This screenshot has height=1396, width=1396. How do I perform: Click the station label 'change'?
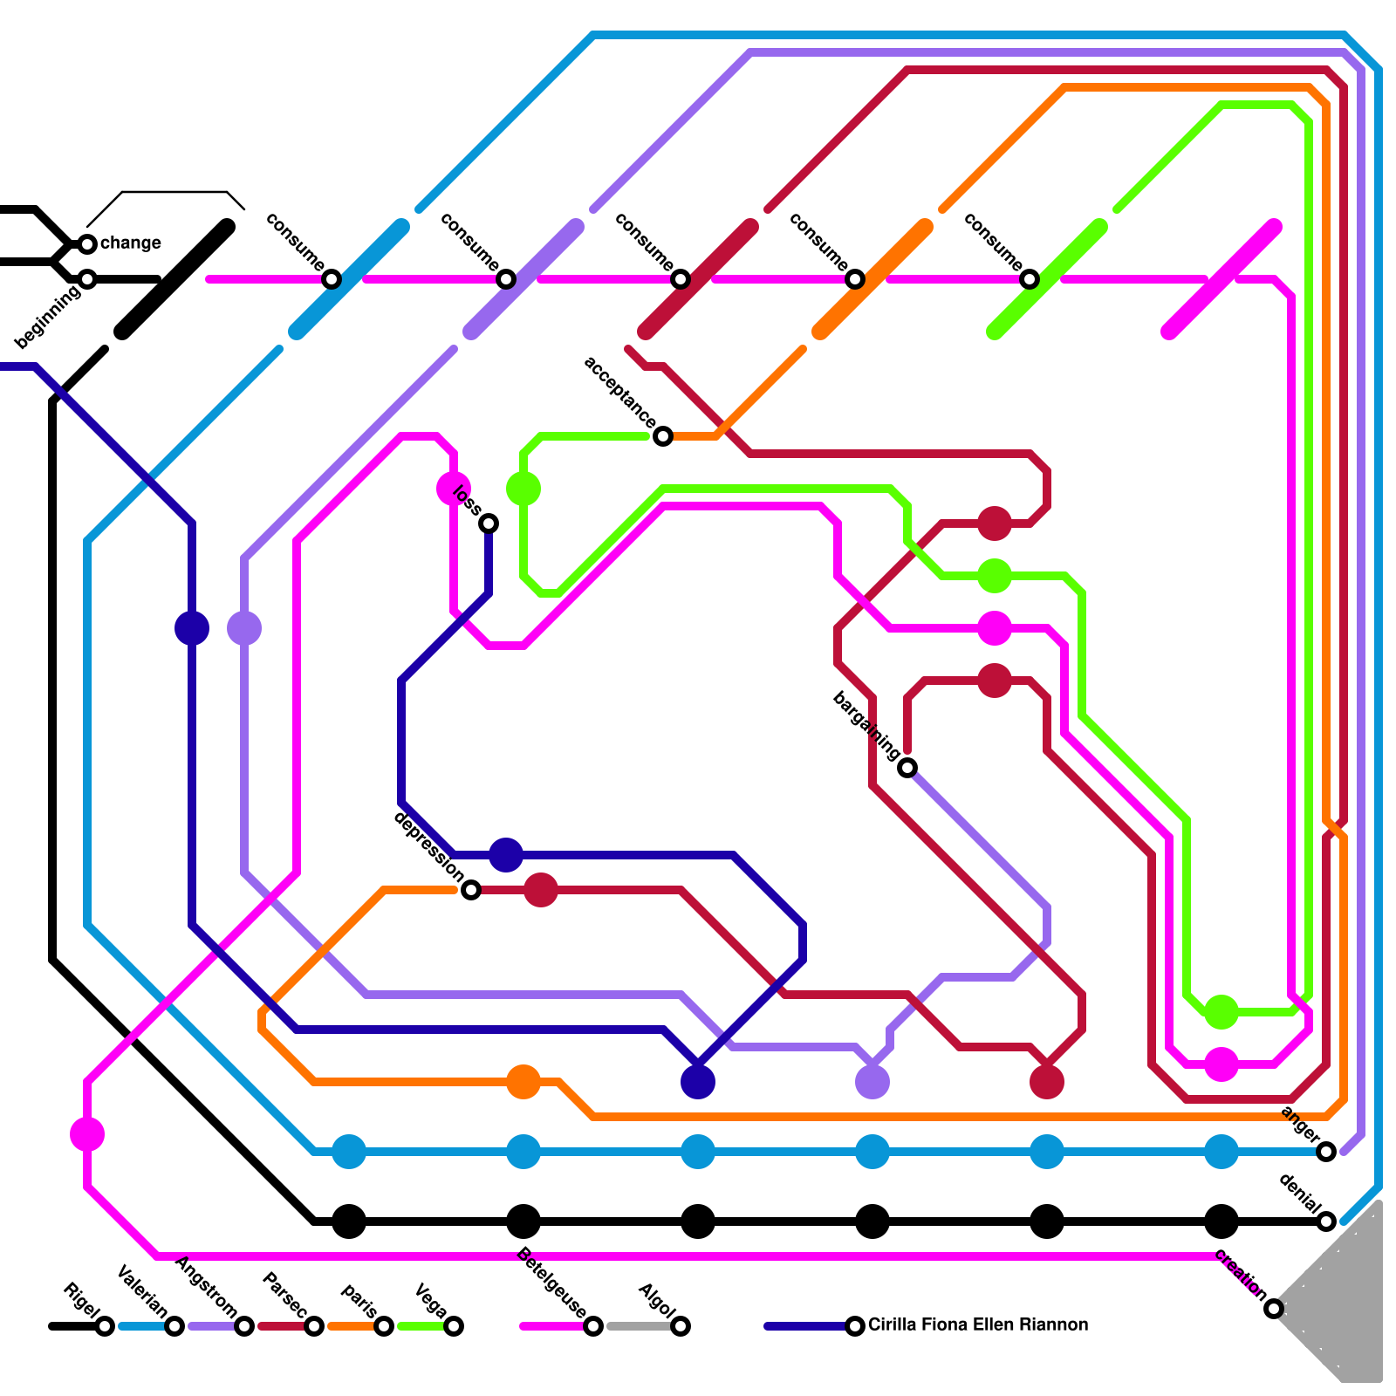pos(130,243)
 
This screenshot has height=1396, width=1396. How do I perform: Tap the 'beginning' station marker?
pos(87,279)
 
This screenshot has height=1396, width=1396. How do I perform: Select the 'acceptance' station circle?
pos(663,436)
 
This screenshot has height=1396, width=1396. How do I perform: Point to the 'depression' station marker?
pos(471,890)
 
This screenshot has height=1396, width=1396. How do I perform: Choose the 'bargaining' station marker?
pos(907,768)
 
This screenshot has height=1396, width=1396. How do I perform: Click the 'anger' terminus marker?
pos(1326,1152)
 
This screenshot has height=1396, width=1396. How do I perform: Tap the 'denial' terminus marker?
pos(1326,1221)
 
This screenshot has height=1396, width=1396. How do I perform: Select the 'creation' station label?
pos(1240,1275)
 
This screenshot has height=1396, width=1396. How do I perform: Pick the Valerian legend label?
pos(142,1292)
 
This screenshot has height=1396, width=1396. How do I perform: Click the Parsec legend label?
pos(284,1297)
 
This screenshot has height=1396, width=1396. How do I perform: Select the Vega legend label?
pos(431,1301)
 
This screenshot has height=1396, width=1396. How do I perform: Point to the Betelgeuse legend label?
pos(551,1283)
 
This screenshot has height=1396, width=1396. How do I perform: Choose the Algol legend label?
pos(657,1301)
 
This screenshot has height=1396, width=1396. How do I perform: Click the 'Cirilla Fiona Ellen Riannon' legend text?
pos(978,1324)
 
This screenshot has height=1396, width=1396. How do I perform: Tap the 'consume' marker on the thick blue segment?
pos(332,279)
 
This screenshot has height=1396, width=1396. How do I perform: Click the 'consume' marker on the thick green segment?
pos(1030,279)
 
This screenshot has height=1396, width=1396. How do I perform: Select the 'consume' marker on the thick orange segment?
pos(855,279)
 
